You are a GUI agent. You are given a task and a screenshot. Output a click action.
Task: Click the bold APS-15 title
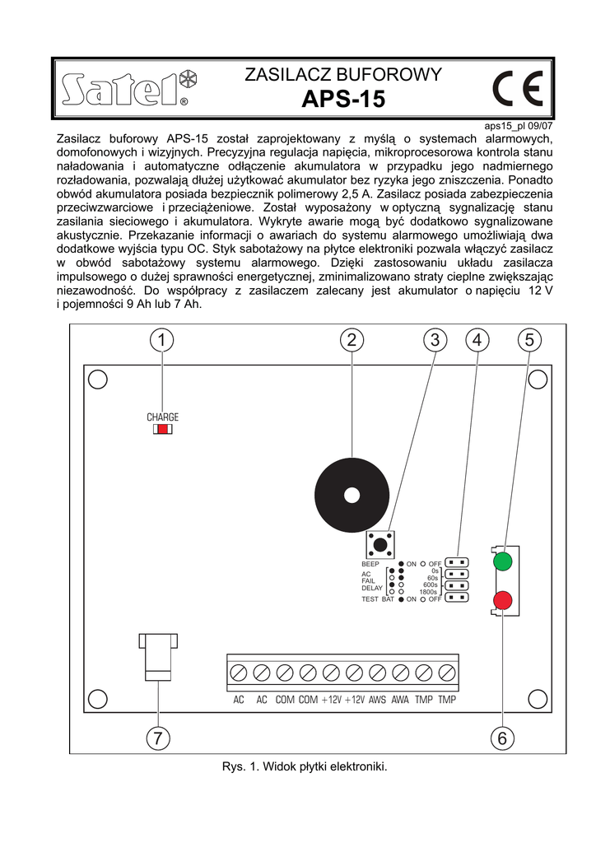pyautogui.click(x=343, y=100)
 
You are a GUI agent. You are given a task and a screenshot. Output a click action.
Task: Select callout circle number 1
pyautogui.click(x=162, y=339)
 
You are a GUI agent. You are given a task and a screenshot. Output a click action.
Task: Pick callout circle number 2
pyautogui.click(x=352, y=339)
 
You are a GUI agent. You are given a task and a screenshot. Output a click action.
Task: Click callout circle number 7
pyautogui.click(x=158, y=738)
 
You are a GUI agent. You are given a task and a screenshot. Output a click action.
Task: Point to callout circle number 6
pyautogui.click(x=502, y=738)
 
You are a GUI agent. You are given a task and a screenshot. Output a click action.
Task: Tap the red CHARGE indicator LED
pyautogui.click(x=163, y=429)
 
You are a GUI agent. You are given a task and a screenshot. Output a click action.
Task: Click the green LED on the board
pyautogui.click(x=502, y=562)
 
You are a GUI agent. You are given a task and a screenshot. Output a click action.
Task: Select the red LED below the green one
pyautogui.click(x=502, y=599)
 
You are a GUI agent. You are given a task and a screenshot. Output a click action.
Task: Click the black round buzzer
pyautogui.click(x=352, y=495)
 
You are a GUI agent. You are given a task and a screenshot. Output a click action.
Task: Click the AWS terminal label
pyautogui.click(x=378, y=700)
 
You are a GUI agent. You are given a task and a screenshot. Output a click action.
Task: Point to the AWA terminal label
pyautogui.click(x=401, y=700)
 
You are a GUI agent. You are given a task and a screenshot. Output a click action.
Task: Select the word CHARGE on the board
pyautogui.click(x=163, y=417)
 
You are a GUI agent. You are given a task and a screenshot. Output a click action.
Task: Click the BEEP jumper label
pyautogui.click(x=370, y=564)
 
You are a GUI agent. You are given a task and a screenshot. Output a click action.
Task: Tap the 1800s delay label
pyautogui.click(x=428, y=592)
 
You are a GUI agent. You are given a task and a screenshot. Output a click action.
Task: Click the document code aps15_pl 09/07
pyautogui.click(x=519, y=126)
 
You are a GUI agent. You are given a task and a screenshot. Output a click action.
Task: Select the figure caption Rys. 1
pyautogui.click(x=304, y=766)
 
